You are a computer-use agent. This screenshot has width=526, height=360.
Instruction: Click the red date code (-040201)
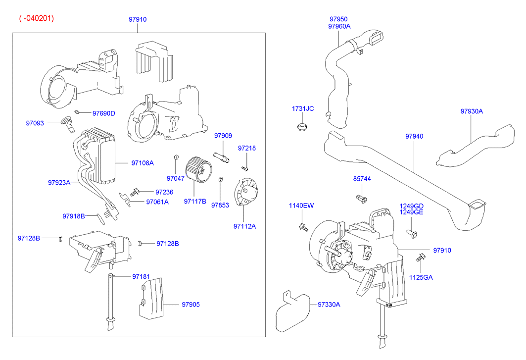(x=36, y=18)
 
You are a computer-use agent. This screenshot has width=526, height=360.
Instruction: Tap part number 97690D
(x=103, y=113)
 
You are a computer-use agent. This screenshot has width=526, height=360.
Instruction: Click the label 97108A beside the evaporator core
(x=143, y=162)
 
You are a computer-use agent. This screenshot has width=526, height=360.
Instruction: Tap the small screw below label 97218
(x=244, y=169)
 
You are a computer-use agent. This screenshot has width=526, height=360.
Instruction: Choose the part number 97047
(x=175, y=178)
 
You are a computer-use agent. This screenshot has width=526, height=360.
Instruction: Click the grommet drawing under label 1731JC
(x=301, y=127)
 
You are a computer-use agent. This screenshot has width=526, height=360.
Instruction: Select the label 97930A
(x=472, y=111)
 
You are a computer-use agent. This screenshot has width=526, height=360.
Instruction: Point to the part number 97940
(x=414, y=136)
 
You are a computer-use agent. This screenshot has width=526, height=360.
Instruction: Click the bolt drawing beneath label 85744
(x=361, y=199)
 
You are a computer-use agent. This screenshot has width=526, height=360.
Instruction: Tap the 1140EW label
(x=301, y=206)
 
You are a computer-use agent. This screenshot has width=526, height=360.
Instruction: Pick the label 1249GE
(x=412, y=212)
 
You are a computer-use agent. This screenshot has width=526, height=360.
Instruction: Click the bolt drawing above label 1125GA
(x=422, y=257)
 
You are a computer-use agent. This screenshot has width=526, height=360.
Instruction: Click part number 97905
(x=191, y=305)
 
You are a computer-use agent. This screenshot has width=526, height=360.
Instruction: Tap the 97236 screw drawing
(x=135, y=191)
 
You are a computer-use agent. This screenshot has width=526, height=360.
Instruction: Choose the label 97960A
(x=339, y=26)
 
